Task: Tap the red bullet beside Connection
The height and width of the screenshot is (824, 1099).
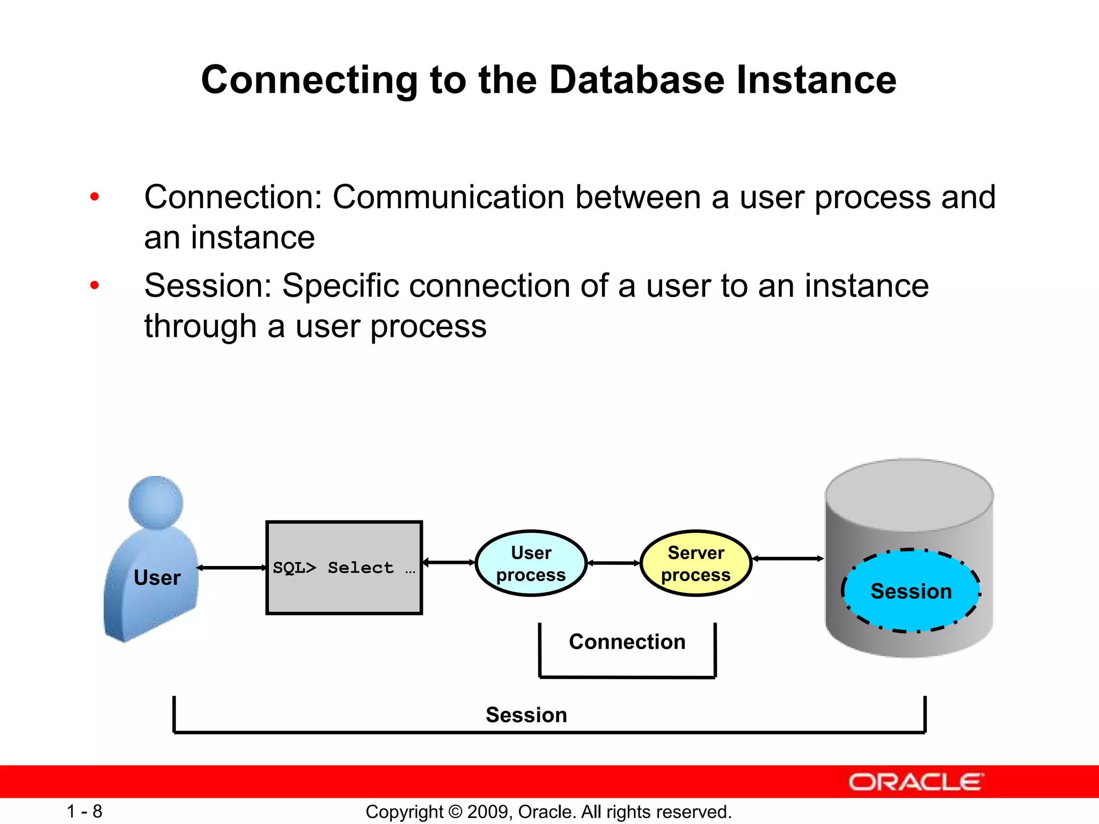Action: click(x=95, y=197)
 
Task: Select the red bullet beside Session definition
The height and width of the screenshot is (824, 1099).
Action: click(x=95, y=285)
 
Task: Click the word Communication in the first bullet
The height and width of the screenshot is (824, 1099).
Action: click(x=449, y=197)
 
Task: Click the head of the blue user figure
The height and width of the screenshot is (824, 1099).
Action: click(x=156, y=502)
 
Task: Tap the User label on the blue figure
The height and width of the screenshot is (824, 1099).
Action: click(x=157, y=578)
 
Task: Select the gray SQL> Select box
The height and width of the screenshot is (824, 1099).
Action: click(x=344, y=568)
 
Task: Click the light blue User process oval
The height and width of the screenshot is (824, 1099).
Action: click(x=531, y=563)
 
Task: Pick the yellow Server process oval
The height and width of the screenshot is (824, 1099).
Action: click(x=695, y=563)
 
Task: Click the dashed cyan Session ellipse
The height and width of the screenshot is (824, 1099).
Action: click(x=911, y=591)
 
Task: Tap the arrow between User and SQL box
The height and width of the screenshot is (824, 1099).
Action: click(x=232, y=568)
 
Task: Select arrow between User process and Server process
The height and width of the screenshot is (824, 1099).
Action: click(x=614, y=563)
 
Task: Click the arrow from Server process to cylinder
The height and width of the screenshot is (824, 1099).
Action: click(x=788, y=558)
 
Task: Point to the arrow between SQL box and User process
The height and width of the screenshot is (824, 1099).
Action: click(x=449, y=562)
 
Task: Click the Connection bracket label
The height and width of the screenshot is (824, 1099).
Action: click(x=627, y=642)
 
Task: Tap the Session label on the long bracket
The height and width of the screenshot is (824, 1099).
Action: click(x=526, y=715)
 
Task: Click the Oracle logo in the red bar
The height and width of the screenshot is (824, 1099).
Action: click(x=915, y=782)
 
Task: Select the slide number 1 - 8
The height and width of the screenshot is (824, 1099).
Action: click(x=84, y=811)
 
